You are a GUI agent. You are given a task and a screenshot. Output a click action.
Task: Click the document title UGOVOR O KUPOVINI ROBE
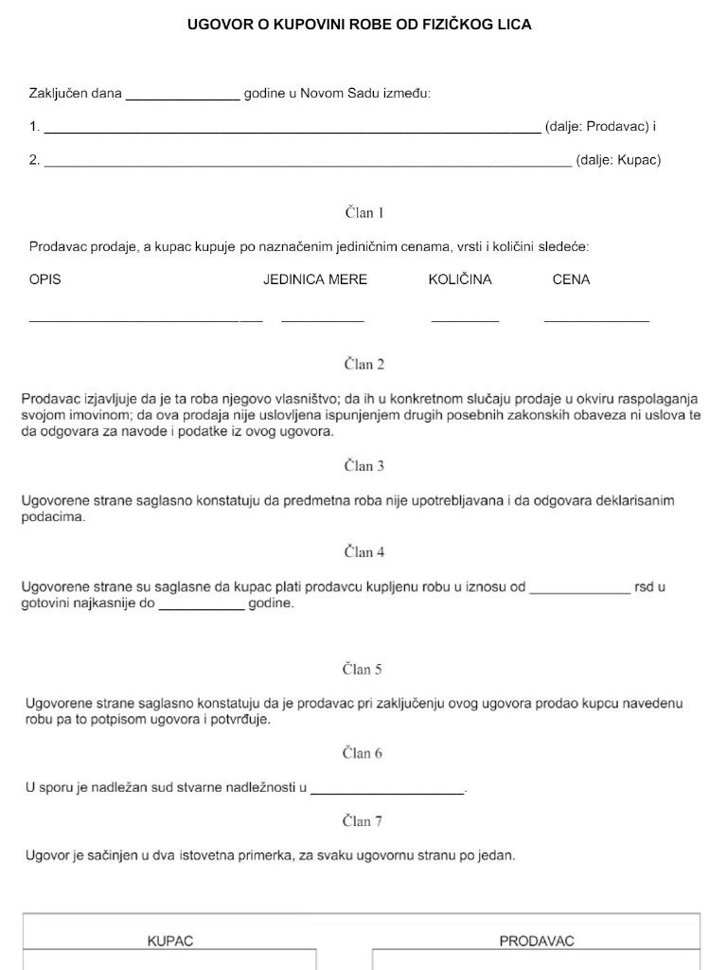360,25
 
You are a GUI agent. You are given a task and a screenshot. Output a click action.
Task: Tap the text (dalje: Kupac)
618,160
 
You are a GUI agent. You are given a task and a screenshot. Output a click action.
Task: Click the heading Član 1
363,213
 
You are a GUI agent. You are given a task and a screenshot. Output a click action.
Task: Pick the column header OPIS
45,279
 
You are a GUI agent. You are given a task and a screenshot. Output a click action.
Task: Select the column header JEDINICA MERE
315,279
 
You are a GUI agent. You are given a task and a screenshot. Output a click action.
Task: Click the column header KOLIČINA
460,279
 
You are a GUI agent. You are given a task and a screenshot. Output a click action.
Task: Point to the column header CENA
571,279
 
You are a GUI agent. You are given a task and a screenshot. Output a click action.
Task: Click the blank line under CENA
596,320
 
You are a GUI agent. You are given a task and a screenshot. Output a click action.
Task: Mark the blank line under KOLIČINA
465,320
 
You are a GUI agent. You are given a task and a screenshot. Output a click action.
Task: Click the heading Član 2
363,364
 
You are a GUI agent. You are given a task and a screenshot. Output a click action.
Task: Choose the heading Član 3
363,466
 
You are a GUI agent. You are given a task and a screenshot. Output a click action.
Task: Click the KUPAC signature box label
170,942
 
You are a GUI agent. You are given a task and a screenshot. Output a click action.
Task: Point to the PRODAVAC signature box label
537,942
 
